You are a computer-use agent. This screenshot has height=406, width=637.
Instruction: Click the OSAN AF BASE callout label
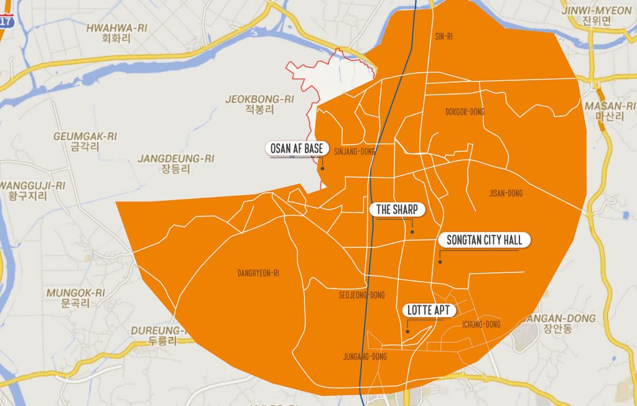(297, 149)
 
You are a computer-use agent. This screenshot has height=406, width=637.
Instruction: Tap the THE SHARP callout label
(397, 210)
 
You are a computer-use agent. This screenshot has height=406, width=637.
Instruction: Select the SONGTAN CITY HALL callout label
(484, 240)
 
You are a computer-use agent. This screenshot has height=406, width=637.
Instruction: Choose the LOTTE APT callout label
(429, 310)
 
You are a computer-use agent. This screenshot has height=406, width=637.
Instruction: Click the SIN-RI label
(443, 37)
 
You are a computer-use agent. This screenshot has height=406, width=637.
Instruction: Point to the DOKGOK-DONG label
(465, 112)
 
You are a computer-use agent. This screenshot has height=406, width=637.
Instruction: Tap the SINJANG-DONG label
(355, 151)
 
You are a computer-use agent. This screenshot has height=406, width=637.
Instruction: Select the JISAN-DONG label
(506, 193)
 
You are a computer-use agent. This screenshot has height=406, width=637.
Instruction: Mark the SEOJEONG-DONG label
(361, 295)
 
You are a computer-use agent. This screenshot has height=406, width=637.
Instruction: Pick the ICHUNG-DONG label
(481, 325)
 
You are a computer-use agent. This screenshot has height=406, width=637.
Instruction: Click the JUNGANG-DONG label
(365, 357)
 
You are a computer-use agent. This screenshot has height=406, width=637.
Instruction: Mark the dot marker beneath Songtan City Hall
(439, 262)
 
